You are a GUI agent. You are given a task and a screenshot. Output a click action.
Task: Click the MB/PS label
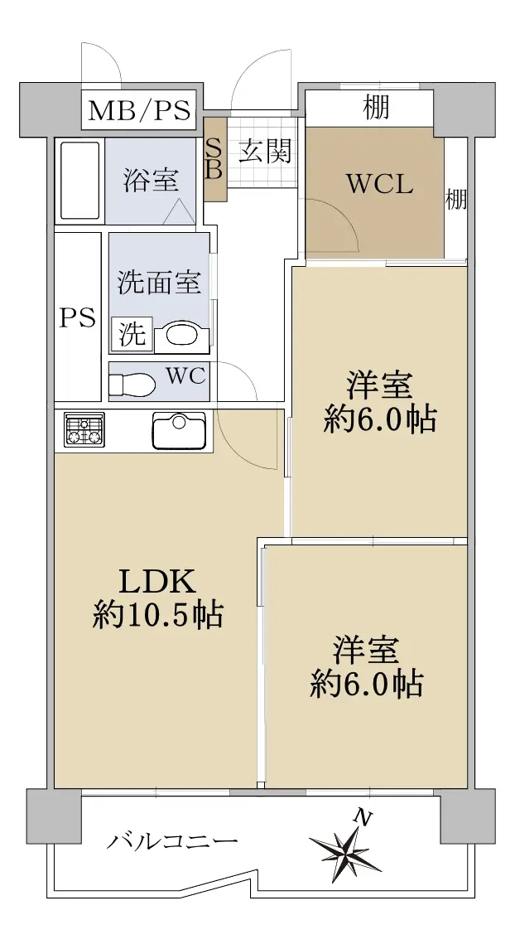pyautogui.click(x=140, y=111)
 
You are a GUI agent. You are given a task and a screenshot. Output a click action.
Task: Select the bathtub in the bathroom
pyautogui.click(x=80, y=182)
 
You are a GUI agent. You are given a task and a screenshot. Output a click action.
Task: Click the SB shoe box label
pyautogui.click(x=214, y=159)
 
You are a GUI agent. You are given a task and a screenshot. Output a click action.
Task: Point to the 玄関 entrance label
pyautogui.click(x=265, y=151)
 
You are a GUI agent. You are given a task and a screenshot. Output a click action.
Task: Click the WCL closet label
pyautogui.click(x=380, y=185)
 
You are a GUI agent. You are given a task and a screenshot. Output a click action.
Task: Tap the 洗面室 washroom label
pyautogui.click(x=159, y=282)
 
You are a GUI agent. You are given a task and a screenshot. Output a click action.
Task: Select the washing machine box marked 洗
pyautogui.click(x=132, y=333)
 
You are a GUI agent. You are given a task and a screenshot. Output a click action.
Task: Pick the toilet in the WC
pyautogui.click(x=132, y=383)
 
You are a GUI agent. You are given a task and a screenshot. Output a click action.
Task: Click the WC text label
pyautogui.click(x=186, y=377)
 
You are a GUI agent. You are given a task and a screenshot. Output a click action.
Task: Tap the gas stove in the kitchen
pyautogui.click(x=84, y=430)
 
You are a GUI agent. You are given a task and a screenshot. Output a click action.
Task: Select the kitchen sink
pyautogui.click(x=179, y=430)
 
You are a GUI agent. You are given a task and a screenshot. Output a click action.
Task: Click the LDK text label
pyautogui.click(x=158, y=582)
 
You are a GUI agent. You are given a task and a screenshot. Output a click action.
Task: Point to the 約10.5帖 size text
pyautogui.click(x=157, y=615)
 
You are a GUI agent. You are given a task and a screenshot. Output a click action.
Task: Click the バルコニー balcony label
pyautogui.click(x=173, y=841)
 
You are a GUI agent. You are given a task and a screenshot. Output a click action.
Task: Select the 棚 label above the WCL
pyautogui.click(x=377, y=107)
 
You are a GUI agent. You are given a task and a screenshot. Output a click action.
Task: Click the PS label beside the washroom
pyautogui.click(x=78, y=317)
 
